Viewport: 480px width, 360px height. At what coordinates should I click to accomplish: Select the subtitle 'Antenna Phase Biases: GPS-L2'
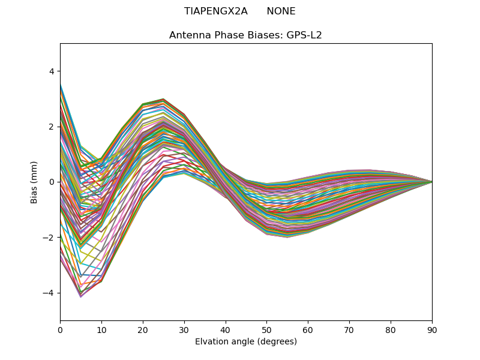pyautogui.click(x=245, y=35)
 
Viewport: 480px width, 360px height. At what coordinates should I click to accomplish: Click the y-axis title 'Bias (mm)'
pyautogui.click(x=34, y=182)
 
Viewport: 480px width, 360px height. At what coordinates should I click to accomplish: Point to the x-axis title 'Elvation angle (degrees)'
pyautogui.click(x=245, y=341)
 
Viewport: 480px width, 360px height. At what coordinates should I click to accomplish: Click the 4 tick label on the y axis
pyautogui.click(x=51, y=71)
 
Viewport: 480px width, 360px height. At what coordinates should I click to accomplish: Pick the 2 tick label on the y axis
pyautogui.click(x=51, y=127)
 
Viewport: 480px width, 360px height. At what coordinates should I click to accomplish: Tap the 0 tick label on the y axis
pyautogui.click(x=51, y=182)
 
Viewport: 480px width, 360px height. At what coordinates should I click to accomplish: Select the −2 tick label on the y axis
pyautogui.click(x=49, y=238)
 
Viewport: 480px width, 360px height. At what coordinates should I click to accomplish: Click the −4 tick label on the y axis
pyautogui.click(x=49, y=293)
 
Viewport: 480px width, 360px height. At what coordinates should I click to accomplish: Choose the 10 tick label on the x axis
pyautogui.click(x=101, y=329)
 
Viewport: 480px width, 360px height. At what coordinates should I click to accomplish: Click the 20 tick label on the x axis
pyautogui.click(x=143, y=329)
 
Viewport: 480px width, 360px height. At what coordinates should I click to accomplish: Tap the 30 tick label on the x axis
pyautogui.click(x=184, y=329)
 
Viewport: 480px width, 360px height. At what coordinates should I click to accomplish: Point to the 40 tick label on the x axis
pyautogui.click(x=226, y=329)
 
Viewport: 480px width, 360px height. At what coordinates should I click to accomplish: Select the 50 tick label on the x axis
pyautogui.click(x=266, y=329)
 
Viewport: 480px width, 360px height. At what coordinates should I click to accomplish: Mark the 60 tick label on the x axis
pyautogui.click(x=308, y=329)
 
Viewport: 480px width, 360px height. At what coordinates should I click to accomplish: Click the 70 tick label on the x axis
pyautogui.click(x=349, y=329)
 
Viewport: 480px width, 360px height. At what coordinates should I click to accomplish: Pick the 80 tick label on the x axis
pyautogui.click(x=391, y=329)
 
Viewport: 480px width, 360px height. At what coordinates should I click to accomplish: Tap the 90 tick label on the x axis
pyautogui.click(x=432, y=329)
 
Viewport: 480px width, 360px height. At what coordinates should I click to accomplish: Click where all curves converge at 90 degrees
pyautogui.click(x=431, y=182)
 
